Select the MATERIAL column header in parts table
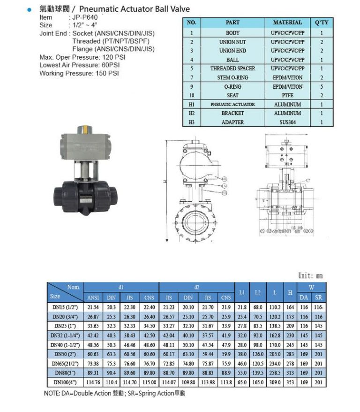click(x=288, y=23)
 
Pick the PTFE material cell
click(x=288, y=95)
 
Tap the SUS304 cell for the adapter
click(x=288, y=122)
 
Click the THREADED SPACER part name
click(x=232, y=69)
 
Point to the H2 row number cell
click(x=192, y=113)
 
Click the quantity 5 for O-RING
click(x=322, y=86)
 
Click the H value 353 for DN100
click(x=290, y=382)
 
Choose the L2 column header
click(x=257, y=292)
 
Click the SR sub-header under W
click(x=319, y=298)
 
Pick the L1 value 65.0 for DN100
click(x=242, y=382)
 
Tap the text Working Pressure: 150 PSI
click(x=79, y=74)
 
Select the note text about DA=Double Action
click(x=114, y=393)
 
